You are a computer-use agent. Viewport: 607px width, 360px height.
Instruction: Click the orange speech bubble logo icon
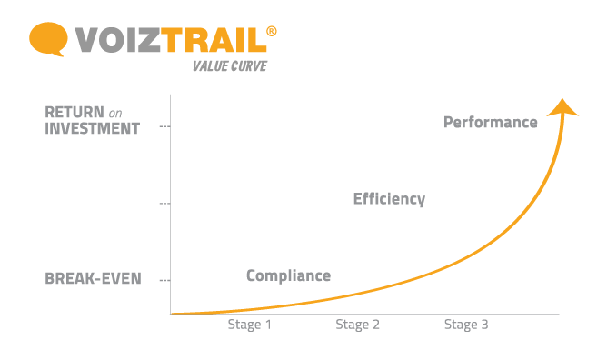point(47,39)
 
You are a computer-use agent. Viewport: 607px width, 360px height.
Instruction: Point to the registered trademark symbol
point(272,32)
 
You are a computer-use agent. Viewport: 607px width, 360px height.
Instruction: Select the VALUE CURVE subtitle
point(229,65)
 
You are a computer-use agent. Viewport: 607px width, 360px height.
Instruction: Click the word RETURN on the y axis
point(75,113)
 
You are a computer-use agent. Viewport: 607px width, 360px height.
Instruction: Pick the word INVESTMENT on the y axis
point(93,129)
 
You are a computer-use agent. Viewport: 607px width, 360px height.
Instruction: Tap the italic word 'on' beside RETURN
point(115,114)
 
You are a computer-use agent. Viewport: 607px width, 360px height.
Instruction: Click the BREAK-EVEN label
point(93,278)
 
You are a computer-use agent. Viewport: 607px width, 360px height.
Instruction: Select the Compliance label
point(288,275)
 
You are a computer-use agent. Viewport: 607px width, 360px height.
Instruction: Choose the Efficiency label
point(389,198)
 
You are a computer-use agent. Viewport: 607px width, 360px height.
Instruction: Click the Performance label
point(490,122)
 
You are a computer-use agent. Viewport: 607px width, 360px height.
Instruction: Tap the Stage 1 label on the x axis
point(249,325)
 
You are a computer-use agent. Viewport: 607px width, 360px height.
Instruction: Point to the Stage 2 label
point(357,325)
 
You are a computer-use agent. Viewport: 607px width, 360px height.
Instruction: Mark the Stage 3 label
point(465,325)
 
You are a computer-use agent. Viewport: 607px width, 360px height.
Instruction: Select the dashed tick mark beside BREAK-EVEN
point(164,280)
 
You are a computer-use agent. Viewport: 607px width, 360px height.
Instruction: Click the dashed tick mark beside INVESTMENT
point(164,126)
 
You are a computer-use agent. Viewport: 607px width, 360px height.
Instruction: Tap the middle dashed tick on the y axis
point(164,204)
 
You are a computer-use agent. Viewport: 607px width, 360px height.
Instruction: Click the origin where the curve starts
point(172,314)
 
